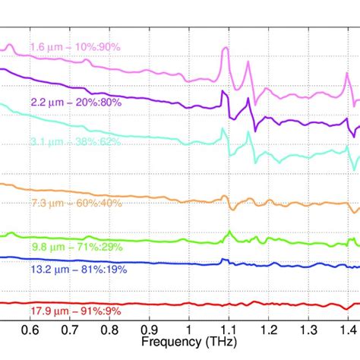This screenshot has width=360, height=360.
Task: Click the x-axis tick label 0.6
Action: (30, 330)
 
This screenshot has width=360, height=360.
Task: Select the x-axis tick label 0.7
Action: (69, 330)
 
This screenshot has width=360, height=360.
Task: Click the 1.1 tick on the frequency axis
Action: (228, 330)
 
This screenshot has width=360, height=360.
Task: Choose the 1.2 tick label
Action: (267, 330)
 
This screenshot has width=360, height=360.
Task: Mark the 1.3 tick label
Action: (308, 330)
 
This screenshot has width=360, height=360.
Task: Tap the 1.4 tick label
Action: (347, 330)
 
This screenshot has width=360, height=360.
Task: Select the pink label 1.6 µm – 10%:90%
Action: (75, 47)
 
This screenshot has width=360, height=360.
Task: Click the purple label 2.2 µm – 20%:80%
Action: (77, 102)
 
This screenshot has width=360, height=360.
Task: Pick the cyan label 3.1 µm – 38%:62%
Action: (77, 141)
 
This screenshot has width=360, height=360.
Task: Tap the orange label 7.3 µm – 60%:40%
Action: (77, 203)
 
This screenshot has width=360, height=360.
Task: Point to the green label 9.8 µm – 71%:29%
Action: (77, 247)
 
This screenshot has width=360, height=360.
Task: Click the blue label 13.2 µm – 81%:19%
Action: (78, 268)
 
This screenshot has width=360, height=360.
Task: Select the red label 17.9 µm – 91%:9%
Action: (77, 310)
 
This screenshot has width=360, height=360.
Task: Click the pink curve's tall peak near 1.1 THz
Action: (224, 49)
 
